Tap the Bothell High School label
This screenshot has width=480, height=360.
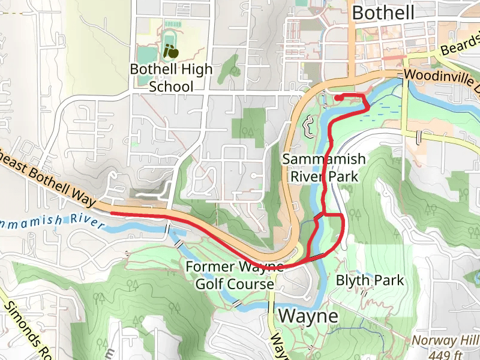click(x=171, y=78)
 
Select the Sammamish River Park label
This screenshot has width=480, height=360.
click(x=323, y=167)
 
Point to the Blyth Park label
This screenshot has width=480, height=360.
click(x=370, y=280)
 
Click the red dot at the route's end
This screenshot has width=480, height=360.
click(x=338, y=97)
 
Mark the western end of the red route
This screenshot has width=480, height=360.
click(x=112, y=213)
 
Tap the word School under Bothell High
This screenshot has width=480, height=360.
click(x=171, y=86)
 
